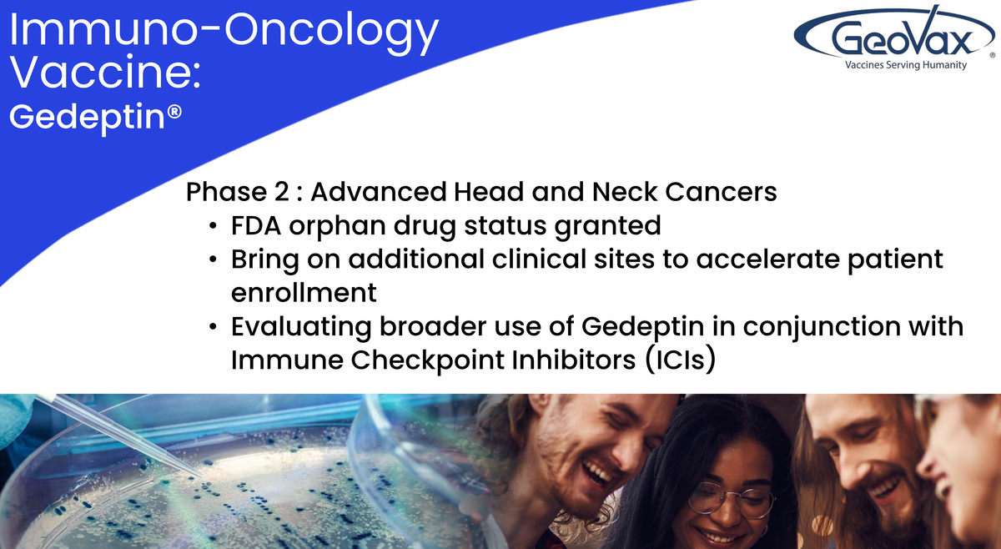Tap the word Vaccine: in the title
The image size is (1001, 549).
click(x=105, y=72)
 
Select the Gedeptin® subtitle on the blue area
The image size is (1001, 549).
click(x=95, y=118)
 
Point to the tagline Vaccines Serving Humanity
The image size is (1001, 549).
click(x=906, y=65)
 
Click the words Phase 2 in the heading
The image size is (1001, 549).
click(x=238, y=192)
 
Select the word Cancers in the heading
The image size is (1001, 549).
click(x=721, y=192)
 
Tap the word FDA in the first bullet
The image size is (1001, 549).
click(x=255, y=225)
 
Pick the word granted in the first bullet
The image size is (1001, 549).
click(x=608, y=227)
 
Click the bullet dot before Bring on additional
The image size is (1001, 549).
click(x=213, y=259)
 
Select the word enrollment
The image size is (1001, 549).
click(x=304, y=293)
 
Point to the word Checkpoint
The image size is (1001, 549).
click(x=428, y=361)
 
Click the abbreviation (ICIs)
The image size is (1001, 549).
click(x=681, y=360)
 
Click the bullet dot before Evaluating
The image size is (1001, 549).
click(x=213, y=327)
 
